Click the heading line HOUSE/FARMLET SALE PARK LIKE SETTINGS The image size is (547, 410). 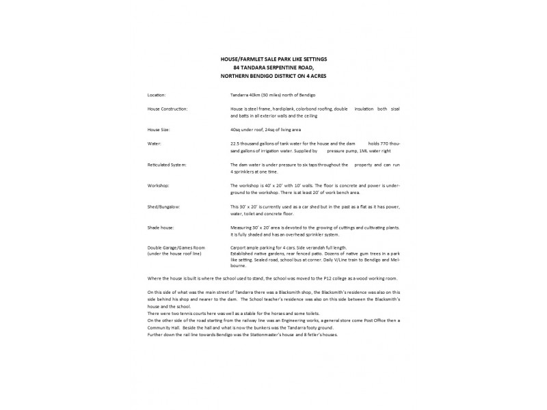(273, 60)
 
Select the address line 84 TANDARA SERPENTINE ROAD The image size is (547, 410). (273, 68)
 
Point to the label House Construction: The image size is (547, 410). (168, 109)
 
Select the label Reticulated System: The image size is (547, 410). (167, 165)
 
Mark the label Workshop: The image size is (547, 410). (159, 185)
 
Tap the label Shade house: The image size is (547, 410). (161, 226)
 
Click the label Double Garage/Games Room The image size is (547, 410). (176, 247)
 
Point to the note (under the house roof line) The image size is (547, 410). (174, 253)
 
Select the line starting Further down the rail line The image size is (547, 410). (242, 334)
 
